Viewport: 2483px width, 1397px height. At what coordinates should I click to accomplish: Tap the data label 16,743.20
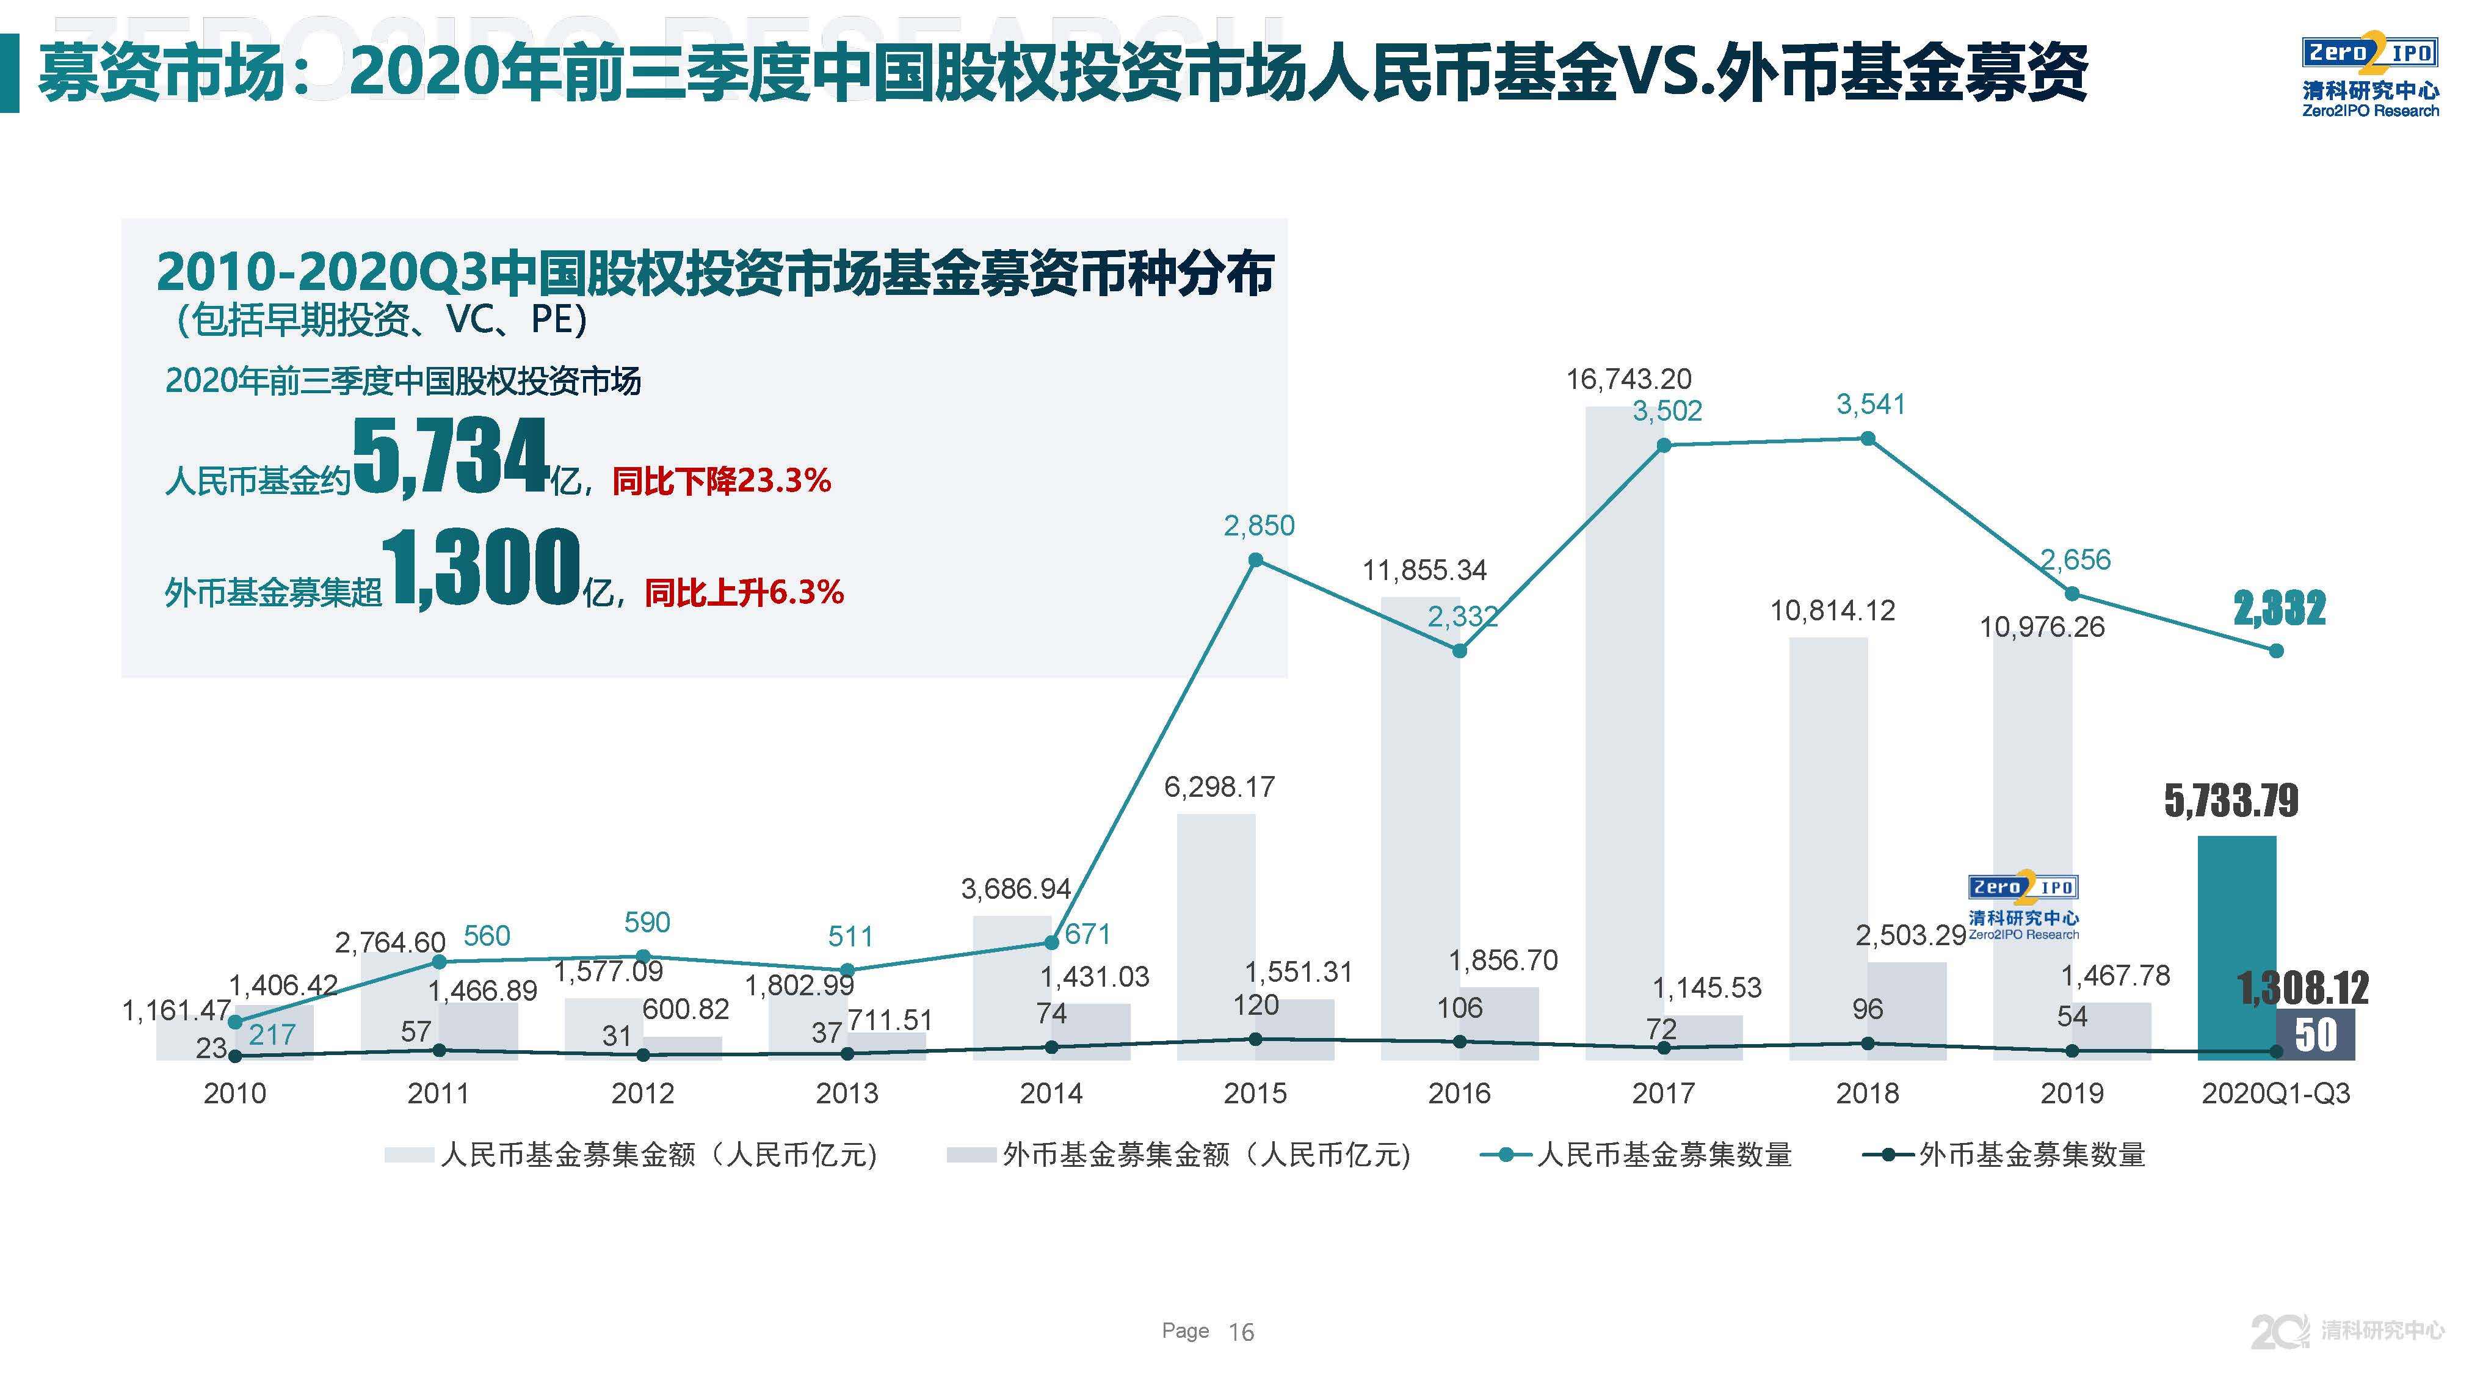tap(1628, 379)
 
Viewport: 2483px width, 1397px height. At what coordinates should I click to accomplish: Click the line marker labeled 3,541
tap(1867, 438)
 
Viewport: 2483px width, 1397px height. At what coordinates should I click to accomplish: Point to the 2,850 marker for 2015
tap(1255, 560)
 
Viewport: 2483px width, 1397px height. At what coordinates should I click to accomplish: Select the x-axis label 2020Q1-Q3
tap(2276, 1094)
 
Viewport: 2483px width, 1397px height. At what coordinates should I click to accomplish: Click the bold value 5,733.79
tap(2230, 800)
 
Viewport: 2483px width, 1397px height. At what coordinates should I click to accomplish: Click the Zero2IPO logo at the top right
tap(2370, 76)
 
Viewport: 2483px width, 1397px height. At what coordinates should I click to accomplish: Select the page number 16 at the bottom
tap(1241, 1332)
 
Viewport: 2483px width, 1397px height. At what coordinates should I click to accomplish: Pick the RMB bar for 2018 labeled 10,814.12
tap(1827, 849)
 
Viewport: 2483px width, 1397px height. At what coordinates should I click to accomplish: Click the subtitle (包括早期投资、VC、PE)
tap(382, 319)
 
